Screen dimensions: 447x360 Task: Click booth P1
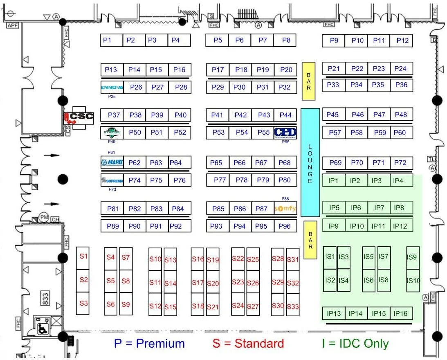(107, 40)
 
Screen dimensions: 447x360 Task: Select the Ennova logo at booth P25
(112, 87)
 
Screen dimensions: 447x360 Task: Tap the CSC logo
(79, 117)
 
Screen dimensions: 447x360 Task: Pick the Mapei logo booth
(112, 162)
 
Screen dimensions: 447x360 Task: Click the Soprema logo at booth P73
(112, 180)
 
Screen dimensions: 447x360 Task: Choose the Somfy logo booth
(285, 209)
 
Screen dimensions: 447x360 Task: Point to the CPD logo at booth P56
(285, 133)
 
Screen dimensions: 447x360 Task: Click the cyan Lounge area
(310, 162)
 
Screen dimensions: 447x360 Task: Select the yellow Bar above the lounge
(309, 81)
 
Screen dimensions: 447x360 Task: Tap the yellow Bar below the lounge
(310, 240)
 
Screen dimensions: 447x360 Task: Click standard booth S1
(83, 257)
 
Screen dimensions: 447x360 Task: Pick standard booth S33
(293, 306)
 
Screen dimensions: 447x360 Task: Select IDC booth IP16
(400, 314)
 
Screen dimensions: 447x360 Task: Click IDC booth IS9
(412, 258)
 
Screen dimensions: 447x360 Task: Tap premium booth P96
(285, 226)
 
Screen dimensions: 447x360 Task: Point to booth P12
(402, 40)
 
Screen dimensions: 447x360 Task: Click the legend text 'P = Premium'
(149, 344)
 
